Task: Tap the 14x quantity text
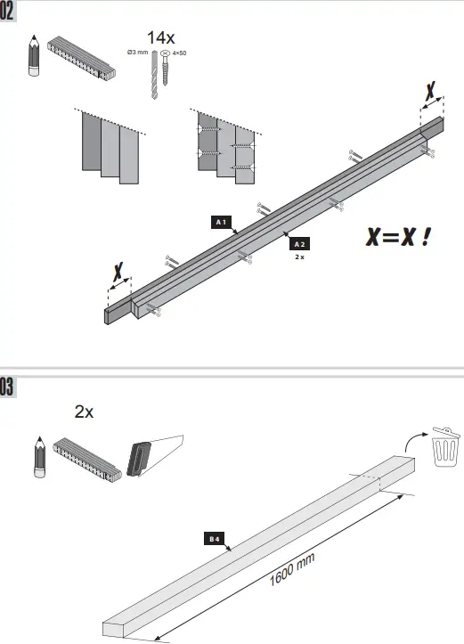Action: coord(160,37)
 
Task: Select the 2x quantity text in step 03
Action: coord(85,412)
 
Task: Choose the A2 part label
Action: coord(300,243)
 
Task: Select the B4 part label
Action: coord(215,539)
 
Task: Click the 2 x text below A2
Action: coord(300,256)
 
